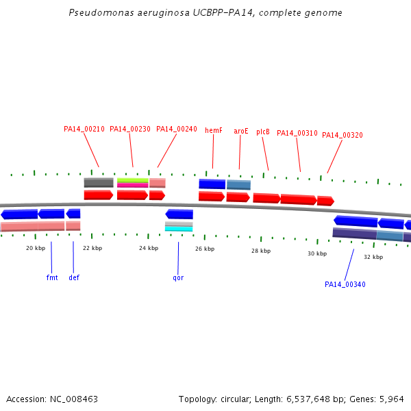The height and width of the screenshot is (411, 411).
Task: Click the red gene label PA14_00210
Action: tap(84, 129)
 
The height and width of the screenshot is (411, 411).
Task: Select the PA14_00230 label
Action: tap(130, 129)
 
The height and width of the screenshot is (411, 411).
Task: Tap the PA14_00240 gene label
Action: tap(177, 129)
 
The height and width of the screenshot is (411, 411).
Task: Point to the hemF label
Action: tap(214, 130)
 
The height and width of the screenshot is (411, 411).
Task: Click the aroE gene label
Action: tap(241, 131)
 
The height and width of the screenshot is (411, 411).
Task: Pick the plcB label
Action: tap(263, 132)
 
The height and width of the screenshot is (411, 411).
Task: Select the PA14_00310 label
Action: tap(297, 133)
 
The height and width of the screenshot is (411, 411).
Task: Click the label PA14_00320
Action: tap(342, 135)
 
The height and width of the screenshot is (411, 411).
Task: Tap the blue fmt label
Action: tap(52, 277)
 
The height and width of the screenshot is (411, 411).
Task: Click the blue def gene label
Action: tap(74, 277)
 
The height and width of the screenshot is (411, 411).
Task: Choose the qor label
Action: tap(178, 278)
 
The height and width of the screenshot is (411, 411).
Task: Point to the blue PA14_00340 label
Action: tap(345, 284)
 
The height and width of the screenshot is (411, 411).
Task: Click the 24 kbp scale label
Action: tap(149, 248)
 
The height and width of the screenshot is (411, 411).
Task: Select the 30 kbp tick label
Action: tap(317, 253)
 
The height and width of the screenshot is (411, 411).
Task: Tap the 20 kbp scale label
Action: tap(36, 248)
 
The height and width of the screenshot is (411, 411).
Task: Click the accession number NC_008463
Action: tap(74, 399)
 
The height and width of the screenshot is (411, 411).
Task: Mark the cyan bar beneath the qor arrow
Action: tap(179, 229)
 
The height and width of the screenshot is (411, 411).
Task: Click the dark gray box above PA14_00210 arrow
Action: tap(99, 183)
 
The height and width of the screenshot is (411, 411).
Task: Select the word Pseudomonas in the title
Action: tap(101, 12)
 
